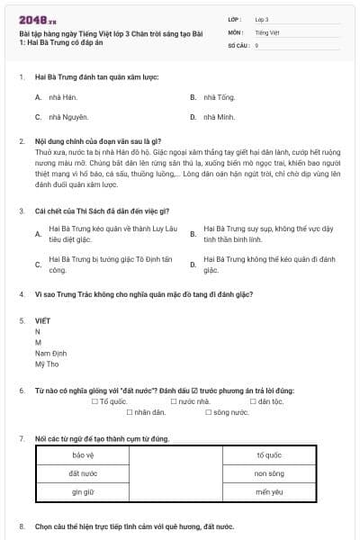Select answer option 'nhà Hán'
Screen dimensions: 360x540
[x=56, y=96]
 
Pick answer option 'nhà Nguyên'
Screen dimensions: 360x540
[x=60, y=117]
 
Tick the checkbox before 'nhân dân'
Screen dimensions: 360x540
[x=129, y=412]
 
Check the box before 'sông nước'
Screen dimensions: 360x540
[x=207, y=412]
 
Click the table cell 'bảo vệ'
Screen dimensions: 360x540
[x=83, y=454]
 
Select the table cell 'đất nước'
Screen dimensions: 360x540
[x=83, y=473]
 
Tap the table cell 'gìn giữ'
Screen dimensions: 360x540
[x=83, y=492]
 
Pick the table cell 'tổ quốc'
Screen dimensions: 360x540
[x=268, y=454]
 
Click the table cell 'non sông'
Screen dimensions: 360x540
[x=268, y=473]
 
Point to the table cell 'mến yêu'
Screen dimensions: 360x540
[x=268, y=492]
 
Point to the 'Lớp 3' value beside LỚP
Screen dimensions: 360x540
[x=262, y=19]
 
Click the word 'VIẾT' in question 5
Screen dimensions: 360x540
[x=43, y=320]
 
